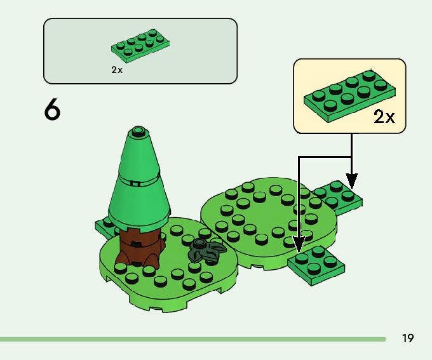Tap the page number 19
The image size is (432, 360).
point(407,338)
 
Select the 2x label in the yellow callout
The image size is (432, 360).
point(384,117)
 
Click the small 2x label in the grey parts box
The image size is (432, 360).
point(116,70)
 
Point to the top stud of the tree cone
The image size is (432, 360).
point(138,132)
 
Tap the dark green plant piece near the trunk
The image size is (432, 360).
point(206,251)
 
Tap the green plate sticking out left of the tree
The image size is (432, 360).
point(104,225)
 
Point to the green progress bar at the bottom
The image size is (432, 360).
point(191,339)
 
